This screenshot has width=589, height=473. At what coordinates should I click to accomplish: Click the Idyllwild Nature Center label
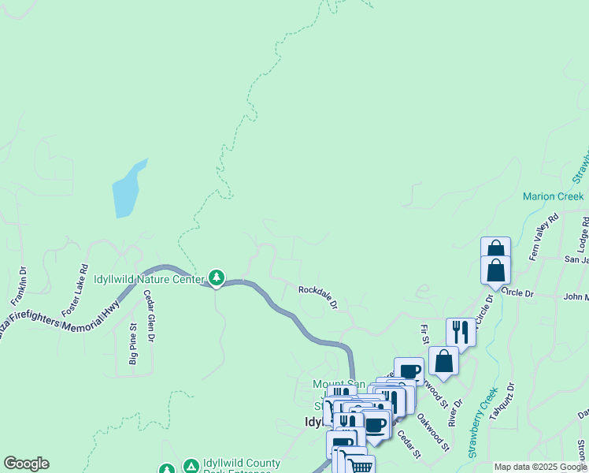[150, 279]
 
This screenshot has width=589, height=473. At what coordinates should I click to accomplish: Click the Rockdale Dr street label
[318, 297]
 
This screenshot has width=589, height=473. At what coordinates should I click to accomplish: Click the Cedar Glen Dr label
[149, 315]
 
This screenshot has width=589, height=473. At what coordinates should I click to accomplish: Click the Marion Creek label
[554, 196]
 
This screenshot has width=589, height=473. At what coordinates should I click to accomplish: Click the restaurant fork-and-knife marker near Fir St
[461, 332]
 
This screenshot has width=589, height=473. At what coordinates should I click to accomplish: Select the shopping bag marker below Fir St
[444, 360]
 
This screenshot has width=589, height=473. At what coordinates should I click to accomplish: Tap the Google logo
[26, 464]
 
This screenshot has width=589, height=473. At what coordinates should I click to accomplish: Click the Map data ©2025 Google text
[540, 467]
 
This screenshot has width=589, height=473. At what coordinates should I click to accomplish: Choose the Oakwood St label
[432, 433]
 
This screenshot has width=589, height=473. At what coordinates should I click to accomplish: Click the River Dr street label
[452, 415]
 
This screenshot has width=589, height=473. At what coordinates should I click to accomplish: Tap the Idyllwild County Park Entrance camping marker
[191, 467]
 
